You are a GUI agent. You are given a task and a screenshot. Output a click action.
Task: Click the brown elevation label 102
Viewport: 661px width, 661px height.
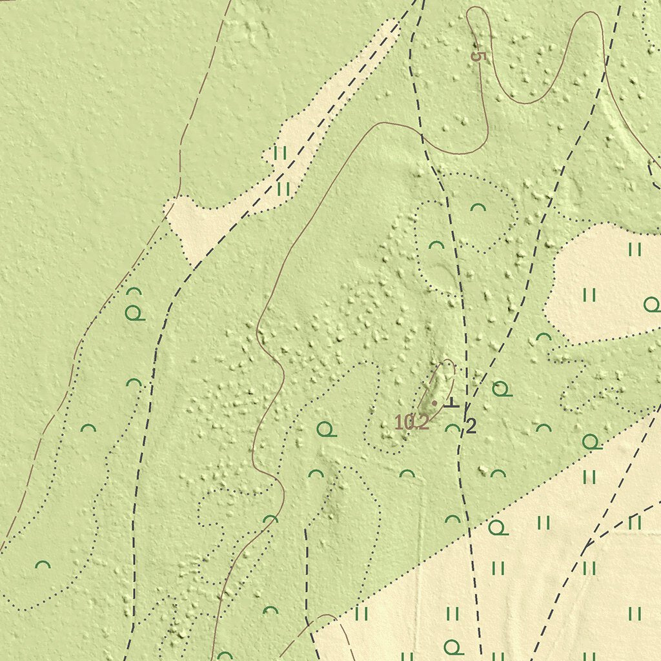pos(411,423)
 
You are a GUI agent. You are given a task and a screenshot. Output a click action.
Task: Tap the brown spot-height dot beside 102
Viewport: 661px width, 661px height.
pos(434,403)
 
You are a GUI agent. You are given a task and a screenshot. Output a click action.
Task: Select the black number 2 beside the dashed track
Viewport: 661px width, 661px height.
pos(471,425)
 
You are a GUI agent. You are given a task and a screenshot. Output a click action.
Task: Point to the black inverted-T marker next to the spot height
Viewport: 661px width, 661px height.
pos(451,403)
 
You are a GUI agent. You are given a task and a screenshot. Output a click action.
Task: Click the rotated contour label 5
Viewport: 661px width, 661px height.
pos(478,56)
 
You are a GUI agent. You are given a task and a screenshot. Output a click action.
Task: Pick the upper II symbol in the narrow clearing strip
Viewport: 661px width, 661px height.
pos(280,153)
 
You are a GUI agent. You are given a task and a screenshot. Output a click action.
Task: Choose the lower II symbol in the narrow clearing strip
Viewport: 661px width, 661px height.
pos(283,188)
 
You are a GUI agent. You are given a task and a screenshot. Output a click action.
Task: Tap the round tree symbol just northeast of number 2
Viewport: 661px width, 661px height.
pos(501,389)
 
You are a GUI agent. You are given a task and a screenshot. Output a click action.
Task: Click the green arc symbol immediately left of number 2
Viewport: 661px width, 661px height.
pos(453,428)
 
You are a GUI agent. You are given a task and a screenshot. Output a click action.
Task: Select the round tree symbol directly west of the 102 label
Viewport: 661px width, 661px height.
pos(327,429)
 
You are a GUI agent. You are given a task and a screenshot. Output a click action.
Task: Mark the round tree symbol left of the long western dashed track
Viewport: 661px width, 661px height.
pos(134,314)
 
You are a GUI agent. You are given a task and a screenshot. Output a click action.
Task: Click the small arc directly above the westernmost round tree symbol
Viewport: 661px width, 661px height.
pos(134,291)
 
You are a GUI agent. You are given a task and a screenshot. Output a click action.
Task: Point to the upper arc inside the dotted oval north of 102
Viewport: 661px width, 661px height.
pos(478,208)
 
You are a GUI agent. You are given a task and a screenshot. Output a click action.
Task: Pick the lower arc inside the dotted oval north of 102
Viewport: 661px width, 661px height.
pos(436,245)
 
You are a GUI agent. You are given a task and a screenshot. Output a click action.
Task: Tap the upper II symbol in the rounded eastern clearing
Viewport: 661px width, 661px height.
pos(635,249)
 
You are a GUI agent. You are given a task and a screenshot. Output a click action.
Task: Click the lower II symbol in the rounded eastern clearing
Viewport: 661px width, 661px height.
pos(589,296)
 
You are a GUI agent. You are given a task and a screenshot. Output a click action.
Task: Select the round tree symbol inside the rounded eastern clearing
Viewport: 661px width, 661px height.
pos(651,305)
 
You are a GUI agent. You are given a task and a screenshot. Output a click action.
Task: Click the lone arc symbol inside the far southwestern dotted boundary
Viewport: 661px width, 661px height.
pos(43,565)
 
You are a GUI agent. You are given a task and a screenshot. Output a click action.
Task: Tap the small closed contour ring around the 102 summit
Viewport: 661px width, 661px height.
pos(445,374)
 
